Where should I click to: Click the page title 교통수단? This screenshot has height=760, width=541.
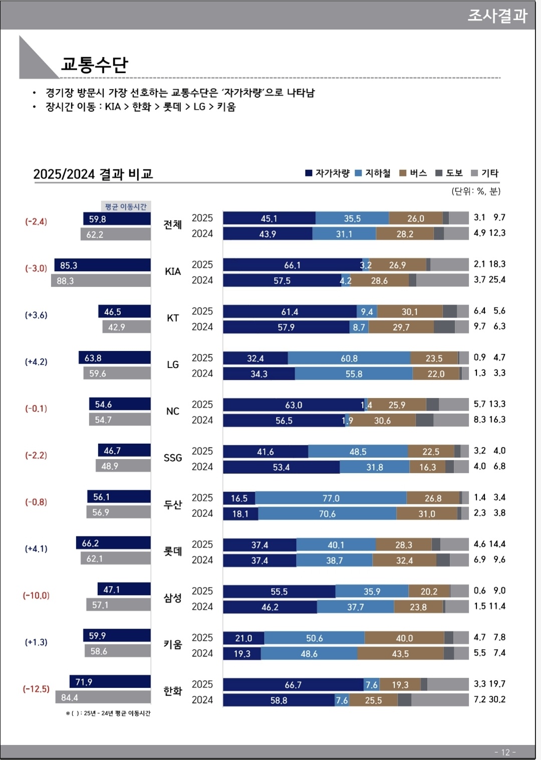coord(95,65)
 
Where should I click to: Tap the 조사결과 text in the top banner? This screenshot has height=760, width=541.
coord(497,16)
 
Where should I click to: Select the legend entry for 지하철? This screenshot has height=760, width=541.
coord(373,173)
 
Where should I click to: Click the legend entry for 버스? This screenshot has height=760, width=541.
coord(413,173)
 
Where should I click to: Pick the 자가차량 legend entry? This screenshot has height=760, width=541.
coord(328,173)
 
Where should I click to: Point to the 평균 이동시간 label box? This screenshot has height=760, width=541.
coord(126,207)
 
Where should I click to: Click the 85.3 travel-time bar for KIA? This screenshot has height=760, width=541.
coord(103,265)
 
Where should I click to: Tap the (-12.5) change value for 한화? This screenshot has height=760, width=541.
coord(36,689)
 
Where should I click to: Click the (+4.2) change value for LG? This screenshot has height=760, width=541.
coord(36,361)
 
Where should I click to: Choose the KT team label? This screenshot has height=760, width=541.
coord(173,318)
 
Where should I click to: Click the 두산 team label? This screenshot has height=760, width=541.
coord(173,504)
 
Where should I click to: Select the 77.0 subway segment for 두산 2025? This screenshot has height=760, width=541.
coord(331,498)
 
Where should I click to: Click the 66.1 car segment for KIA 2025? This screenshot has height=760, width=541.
coord(293,265)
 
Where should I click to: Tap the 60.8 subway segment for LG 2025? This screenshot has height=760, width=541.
coord(349,358)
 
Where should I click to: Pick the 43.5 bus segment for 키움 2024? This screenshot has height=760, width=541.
coord(400,654)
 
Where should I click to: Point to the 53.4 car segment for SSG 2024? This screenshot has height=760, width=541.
coord(282,467)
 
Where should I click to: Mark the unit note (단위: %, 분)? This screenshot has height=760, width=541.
coord(476,191)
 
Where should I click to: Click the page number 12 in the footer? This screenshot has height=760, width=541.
coord(505,752)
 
